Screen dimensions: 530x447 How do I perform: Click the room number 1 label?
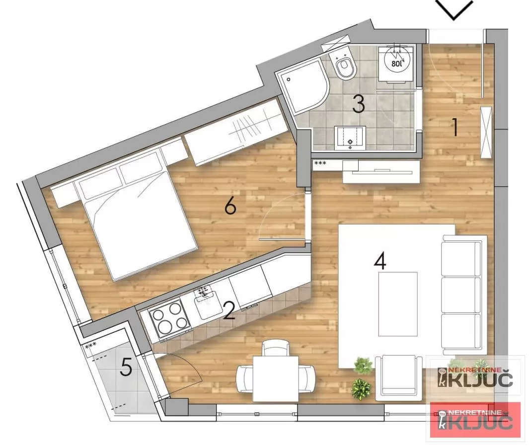455,127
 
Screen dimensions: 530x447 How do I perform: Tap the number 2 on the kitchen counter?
229,310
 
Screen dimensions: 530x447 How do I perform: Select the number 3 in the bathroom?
359,104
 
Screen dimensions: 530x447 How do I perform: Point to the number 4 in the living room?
380,261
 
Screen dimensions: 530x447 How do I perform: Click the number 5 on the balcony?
126,367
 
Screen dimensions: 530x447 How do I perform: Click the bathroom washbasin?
350,138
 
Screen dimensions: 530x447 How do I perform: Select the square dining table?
276,378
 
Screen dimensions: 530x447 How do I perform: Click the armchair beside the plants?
398,375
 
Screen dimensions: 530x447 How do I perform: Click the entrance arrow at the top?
454,9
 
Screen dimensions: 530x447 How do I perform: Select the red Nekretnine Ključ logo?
475,420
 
